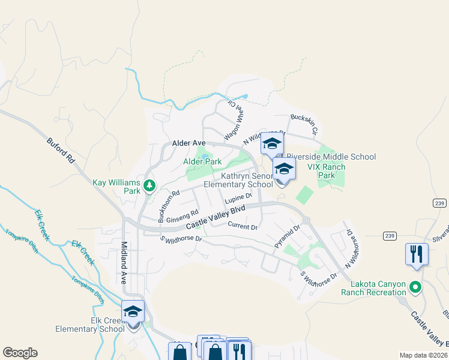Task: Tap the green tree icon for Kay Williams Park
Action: (x=149, y=187)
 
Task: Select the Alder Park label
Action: (x=202, y=161)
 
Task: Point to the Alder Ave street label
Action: (x=189, y=143)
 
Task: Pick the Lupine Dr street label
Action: (x=238, y=197)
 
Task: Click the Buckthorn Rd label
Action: (x=169, y=206)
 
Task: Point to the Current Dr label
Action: (x=243, y=226)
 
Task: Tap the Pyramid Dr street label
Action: (x=287, y=236)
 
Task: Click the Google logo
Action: (x=20, y=353)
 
